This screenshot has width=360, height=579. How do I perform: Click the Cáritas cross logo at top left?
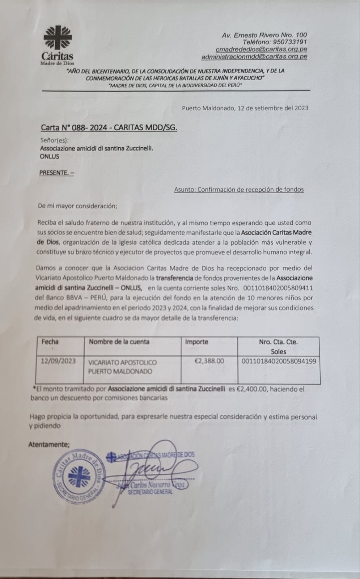point(58,37)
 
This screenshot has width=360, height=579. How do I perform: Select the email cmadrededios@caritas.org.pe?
point(261,49)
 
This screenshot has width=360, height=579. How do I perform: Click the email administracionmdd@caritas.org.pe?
point(254,56)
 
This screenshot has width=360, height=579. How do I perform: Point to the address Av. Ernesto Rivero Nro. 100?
point(264,35)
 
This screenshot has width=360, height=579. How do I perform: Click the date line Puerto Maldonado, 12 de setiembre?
point(245,108)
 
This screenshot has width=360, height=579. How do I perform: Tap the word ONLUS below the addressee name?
point(49,157)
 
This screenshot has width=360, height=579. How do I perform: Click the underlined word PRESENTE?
point(56,173)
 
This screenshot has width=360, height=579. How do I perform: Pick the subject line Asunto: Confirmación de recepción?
point(239,189)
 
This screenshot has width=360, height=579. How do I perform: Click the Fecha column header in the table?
point(50,342)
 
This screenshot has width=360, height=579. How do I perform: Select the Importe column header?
point(196,342)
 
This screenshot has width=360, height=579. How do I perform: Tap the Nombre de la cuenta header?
point(119,342)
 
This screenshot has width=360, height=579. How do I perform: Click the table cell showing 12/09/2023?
point(58,361)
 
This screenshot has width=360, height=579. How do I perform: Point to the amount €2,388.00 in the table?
point(209,361)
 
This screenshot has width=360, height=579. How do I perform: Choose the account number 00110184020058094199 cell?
point(279,361)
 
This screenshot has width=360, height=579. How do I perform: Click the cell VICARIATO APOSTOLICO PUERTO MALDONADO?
point(123,367)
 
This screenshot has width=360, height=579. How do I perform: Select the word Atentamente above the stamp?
point(49,444)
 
